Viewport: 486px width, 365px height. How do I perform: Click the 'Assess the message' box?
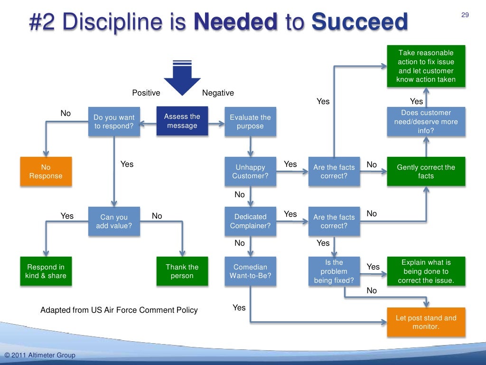[x=182, y=121]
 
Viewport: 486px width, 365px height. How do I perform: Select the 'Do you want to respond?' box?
[x=114, y=122]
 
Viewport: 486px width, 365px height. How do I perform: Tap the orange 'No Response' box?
[x=46, y=172]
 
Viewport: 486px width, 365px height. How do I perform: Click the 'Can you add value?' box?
[x=114, y=221]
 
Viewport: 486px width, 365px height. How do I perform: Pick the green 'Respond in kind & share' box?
[x=46, y=271]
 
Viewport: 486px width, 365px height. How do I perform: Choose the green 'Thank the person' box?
[x=182, y=271]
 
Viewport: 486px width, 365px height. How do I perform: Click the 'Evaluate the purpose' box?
[x=250, y=122]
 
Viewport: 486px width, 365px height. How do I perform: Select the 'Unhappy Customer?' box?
[x=250, y=172]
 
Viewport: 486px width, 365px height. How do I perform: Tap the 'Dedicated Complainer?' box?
[x=250, y=221]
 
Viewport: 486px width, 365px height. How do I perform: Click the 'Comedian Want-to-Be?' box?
[x=250, y=271]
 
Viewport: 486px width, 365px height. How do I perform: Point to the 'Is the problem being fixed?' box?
[x=334, y=271]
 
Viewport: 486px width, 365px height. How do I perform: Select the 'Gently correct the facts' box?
[x=426, y=172]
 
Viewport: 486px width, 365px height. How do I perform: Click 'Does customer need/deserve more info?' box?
[x=426, y=122]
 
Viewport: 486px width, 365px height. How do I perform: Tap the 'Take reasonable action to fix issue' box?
[x=426, y=66]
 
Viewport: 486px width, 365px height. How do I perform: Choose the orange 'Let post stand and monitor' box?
[x=426, y=322]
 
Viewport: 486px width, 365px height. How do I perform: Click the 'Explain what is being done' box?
[x=426, y=271]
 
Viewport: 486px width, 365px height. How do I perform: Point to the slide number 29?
[x=465, y=15]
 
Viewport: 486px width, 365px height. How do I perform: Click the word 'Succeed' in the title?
[x=360, y=22]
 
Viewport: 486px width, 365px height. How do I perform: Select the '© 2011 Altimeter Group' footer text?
[x=40, y=355]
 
